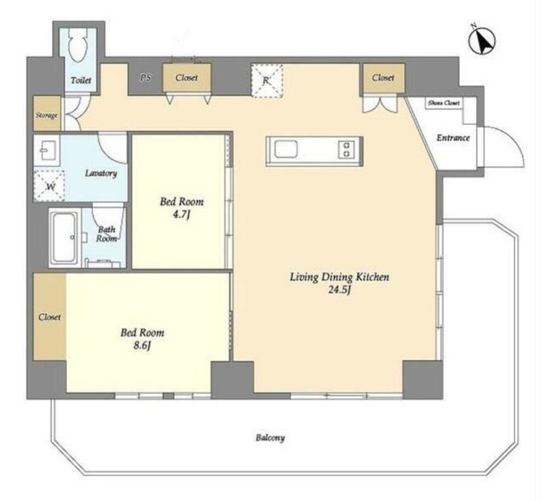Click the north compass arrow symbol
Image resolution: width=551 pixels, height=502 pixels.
point(482,40)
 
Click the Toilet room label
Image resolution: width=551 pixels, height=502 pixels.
point(81,81)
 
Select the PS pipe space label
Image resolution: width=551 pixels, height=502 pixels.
point(146,78)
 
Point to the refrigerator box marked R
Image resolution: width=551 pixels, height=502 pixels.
point(267,81)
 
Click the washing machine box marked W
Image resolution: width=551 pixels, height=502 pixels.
point(49,186)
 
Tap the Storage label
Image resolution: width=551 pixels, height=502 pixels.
point(46,115)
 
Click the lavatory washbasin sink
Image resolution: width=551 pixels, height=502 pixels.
point(47,150)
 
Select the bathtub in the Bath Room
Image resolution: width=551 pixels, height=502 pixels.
point(63,237)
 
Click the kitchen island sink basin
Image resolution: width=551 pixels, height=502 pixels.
point(286,149)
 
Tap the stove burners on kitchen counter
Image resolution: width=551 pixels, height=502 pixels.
point(346,149)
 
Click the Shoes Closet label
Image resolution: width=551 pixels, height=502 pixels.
point(444,103)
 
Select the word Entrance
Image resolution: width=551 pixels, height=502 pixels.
point(453,137)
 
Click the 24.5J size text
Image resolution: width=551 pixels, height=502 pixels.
point(339,290)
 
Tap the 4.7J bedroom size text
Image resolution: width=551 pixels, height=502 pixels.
point(181,214)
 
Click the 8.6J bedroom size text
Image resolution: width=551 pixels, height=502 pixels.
point(142,346)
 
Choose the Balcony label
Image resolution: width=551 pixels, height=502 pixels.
point(270,437)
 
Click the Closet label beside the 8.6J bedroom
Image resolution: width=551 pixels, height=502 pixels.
point(50,317)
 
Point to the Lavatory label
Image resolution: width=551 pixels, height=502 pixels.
point(101,173)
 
